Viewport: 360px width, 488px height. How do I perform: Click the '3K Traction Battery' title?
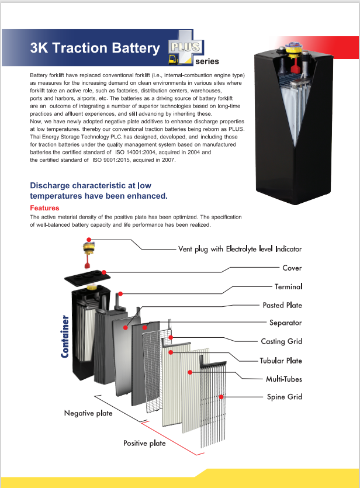coord(95,49)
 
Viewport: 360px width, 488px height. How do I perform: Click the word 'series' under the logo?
coord(207,61)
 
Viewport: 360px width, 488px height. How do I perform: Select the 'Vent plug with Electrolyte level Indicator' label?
coord(240,249)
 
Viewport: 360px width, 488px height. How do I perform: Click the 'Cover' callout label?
coord(292,268)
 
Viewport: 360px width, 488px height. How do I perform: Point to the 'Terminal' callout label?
coord(288,286)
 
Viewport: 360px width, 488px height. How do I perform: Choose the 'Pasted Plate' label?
coord(282,305)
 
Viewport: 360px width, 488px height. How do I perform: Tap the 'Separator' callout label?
coord(285,323)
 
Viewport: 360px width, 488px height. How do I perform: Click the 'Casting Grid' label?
coord(281,341)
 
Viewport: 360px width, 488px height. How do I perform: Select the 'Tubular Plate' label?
coord(281,360)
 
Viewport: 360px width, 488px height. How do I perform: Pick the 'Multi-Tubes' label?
coord(283,379)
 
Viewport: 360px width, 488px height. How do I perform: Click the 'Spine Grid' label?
coord(285,397)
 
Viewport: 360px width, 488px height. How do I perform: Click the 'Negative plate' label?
coord(88,414)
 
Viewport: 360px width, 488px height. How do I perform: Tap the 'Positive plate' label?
coord(144,443)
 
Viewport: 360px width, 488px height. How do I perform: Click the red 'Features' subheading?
coord(44,208)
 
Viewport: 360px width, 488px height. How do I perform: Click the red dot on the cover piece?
coord(103,272)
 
